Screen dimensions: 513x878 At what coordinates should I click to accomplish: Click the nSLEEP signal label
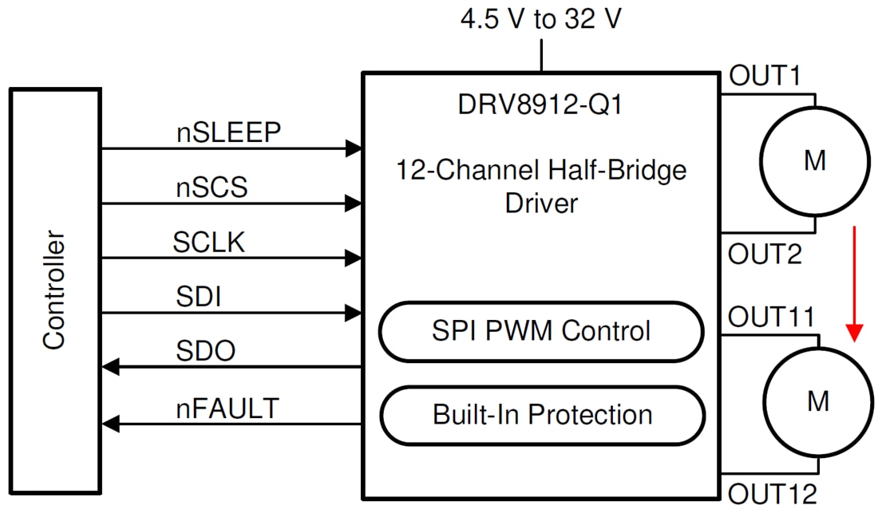(x=229, y=132)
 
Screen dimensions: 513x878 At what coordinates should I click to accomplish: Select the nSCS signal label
(x=212, y=187)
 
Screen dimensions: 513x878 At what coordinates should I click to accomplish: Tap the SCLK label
(x=208, y=242)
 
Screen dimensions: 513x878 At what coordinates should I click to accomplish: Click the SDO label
(x=205, y=351)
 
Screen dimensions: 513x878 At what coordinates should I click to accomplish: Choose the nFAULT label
(x=227, y=408)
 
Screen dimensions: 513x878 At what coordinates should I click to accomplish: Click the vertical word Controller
(x=53, y=290)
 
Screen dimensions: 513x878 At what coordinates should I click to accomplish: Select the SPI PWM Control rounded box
(x=541, y=330)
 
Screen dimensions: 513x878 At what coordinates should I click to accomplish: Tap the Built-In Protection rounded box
(x=541, y=415)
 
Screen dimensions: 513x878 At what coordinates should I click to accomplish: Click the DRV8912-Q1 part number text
(x=540, y=105)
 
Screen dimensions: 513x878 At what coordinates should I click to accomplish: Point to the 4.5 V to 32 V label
(x=540, y=20)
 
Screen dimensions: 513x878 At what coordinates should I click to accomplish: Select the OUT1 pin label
(x=764, y=77)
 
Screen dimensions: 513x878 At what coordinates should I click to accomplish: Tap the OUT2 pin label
(x=765, y=255)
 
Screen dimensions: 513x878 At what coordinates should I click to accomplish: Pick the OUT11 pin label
(x=771, y=318)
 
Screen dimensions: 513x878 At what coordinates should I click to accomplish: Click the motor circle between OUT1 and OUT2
(x=814, y=162)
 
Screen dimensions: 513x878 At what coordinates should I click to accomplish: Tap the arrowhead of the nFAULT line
(x=112, y=423)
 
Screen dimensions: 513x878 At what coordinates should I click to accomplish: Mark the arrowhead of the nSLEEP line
(x=353, y=148)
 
